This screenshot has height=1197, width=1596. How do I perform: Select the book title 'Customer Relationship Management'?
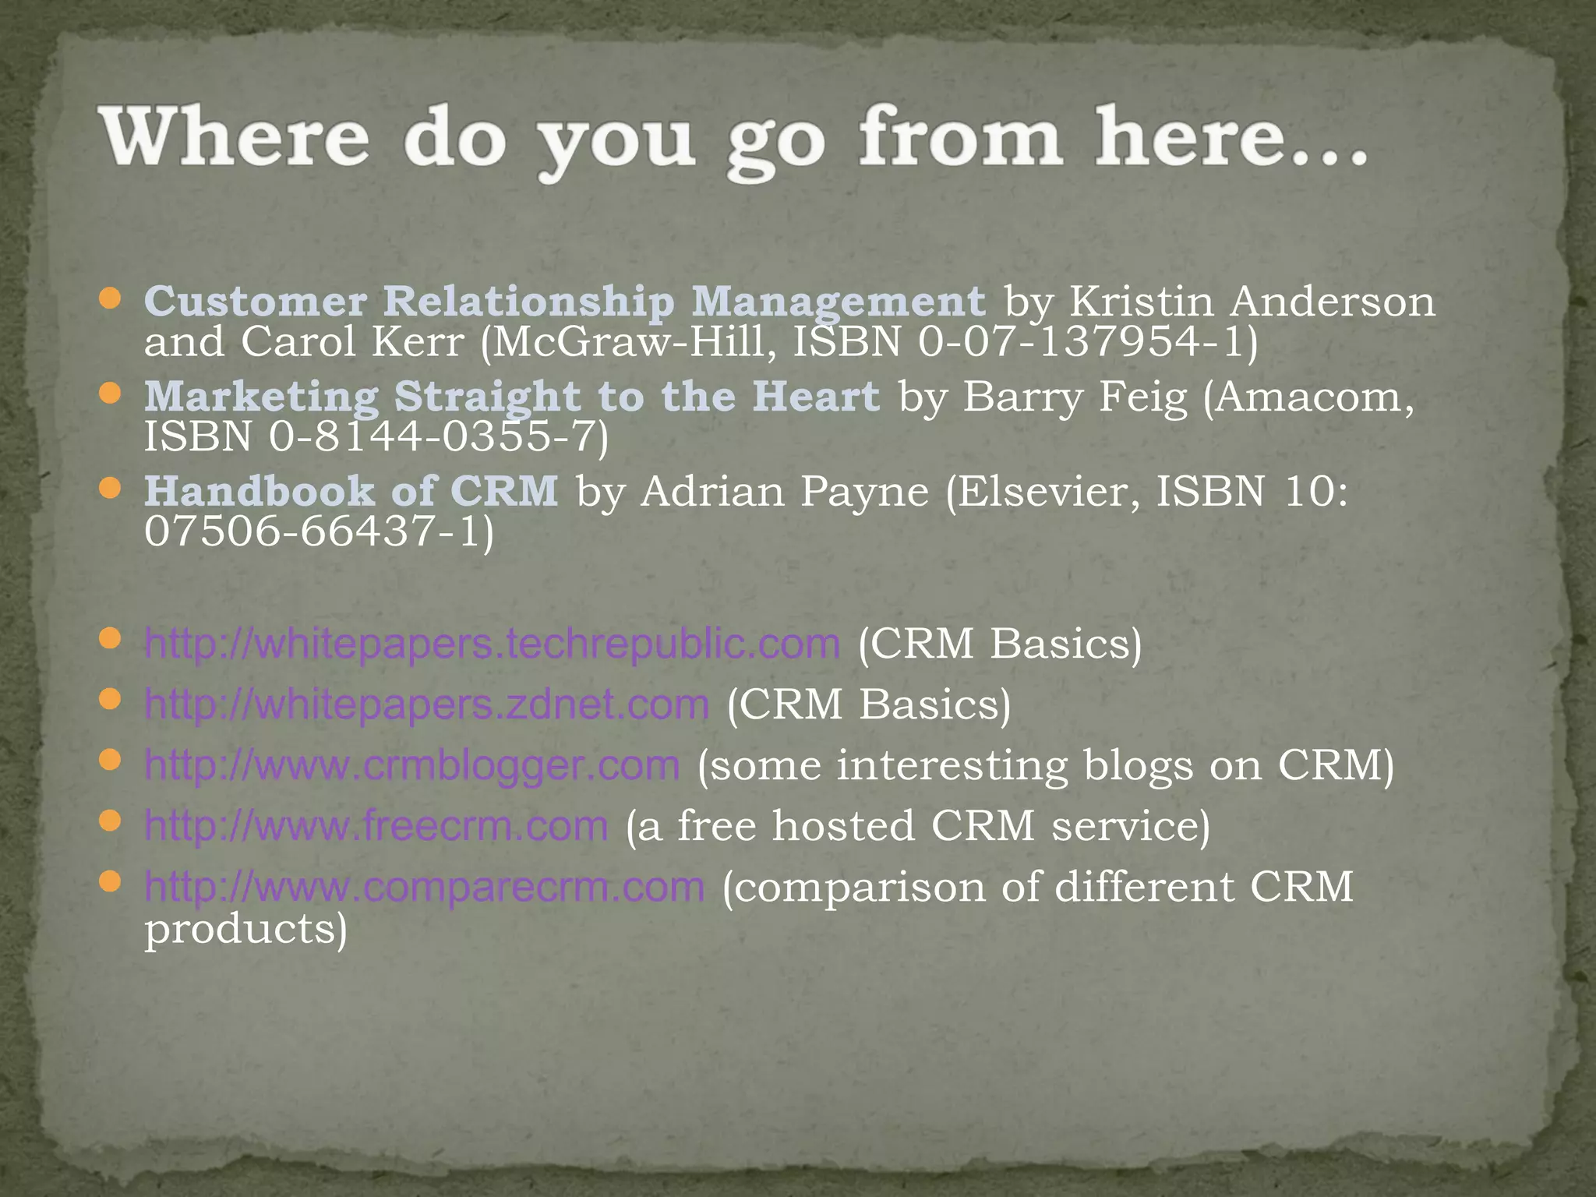(x=565, y=301)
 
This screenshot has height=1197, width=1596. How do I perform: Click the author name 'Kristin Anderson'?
(x=1252, y=301)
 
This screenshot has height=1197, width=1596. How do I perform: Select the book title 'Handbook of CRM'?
(x=351, y=491)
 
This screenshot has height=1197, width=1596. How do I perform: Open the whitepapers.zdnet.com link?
(x=427, y=704)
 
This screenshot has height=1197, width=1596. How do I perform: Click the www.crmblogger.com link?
(x=412, y=765)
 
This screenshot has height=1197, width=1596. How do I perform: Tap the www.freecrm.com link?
(x=376, y=826)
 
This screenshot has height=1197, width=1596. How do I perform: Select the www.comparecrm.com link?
(x=425, y=887)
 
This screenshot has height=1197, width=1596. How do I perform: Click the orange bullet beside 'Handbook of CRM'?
(x=111, y=489)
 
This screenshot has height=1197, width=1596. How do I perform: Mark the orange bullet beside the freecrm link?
(x=111, y=821)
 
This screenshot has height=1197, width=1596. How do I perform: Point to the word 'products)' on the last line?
(x=245, y=929)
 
